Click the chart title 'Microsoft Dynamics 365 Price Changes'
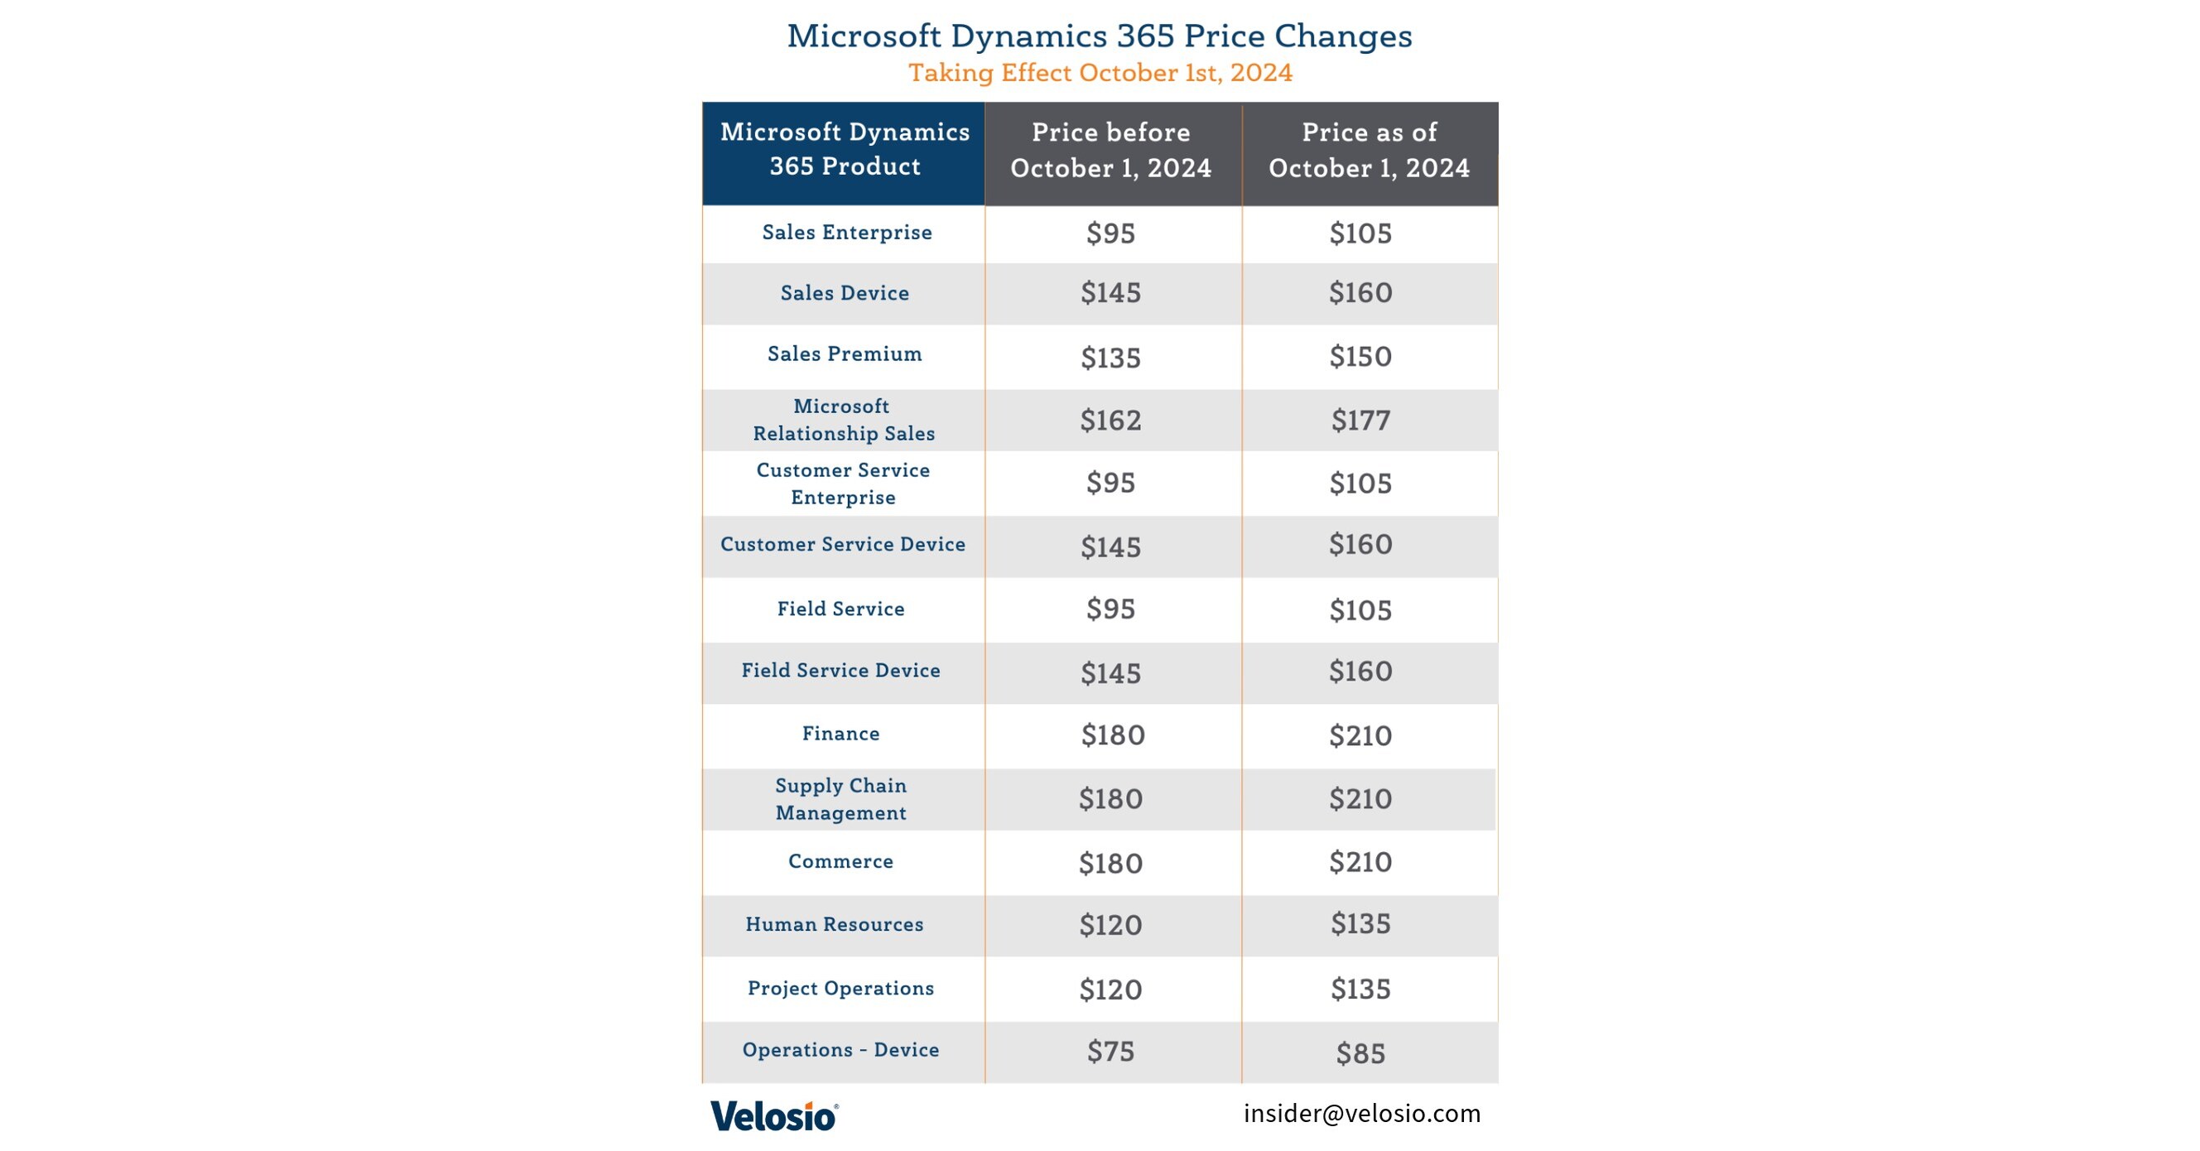[x=1099, y=36]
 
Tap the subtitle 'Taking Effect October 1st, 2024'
[x=1099, y=73]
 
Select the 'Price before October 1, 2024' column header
[x=1111, y=150]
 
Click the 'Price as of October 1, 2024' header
[x=1369, y=150]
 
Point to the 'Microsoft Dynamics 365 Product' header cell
[x=845, y=149]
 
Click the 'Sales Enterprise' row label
[x=846, y=232]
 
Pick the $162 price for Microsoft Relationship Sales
[x=1110, y=420]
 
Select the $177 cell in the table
[x=1360, y=420]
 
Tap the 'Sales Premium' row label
[x=845, y=354]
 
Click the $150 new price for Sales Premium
[x=1360, y=356]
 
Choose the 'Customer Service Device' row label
[x=843, y=545]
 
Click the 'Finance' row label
[x=840, y=734]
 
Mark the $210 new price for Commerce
[x=1360, y=862]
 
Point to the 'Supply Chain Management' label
[x=841, y=799]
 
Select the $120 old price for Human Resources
[x=1110, y=926]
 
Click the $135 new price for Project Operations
[x=1360, y=990]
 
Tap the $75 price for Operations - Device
[x=1110, y=1052]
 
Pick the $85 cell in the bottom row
[x=1360, y=1053]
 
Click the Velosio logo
[x=773, y=1116]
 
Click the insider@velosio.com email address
[x=1361, y=1114]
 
